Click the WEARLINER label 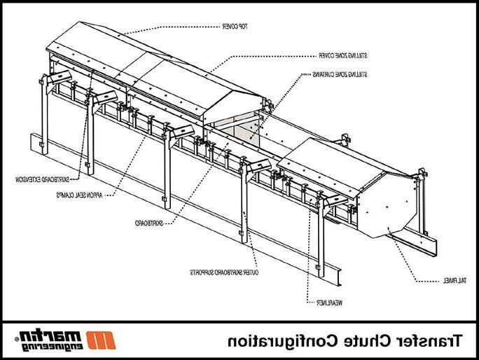[x=319, y=302]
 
